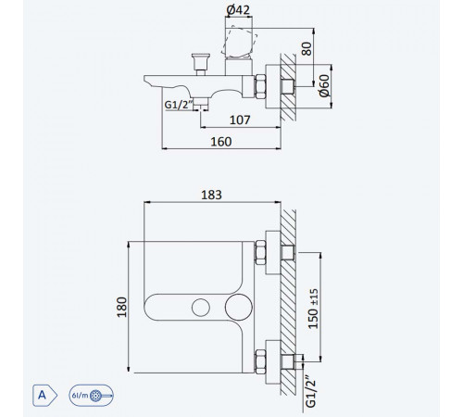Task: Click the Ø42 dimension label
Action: coord(238,10)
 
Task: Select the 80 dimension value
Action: coord(307,49)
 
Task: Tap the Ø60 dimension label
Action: coord(325,86)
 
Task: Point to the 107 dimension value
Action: coord(240,120)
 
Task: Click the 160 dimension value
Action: coord(221,142)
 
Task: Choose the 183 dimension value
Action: coord(211,195)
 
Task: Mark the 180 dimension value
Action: coord(122,307)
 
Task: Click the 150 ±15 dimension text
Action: coord(313,309)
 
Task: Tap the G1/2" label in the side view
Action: coord(177,105)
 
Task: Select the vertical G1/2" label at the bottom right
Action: coord(311,391)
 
